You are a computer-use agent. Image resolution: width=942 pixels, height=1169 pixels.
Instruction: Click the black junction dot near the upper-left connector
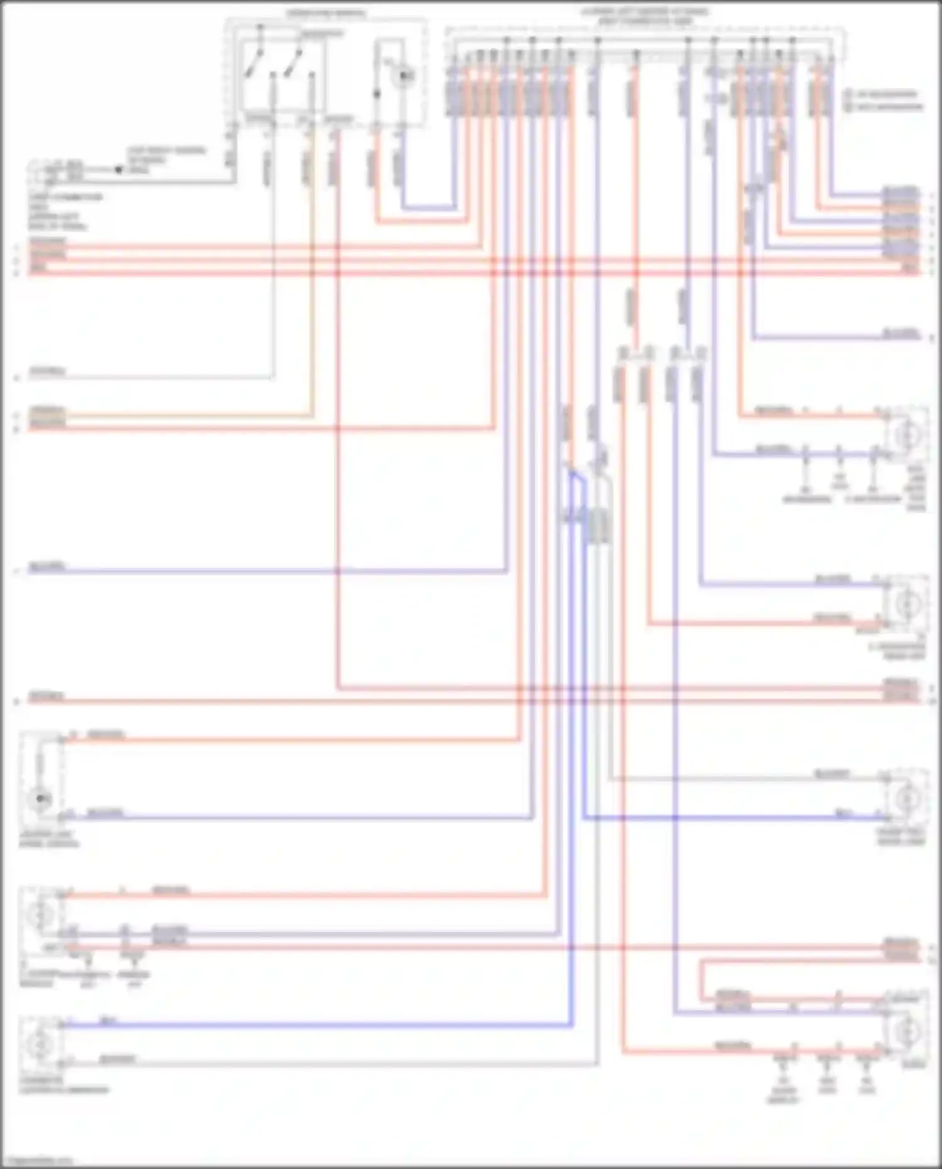click(118, 170)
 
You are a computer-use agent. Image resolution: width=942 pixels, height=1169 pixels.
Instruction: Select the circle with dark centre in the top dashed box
click(405, 76)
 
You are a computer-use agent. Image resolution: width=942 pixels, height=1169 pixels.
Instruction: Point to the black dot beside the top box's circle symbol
click(377, 94)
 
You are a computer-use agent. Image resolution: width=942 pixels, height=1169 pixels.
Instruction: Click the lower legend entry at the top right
click(885, 106)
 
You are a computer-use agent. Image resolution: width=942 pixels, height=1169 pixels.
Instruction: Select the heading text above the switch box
click(326, 13)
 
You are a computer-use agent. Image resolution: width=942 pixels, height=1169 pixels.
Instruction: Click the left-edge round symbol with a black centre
click(41, 798)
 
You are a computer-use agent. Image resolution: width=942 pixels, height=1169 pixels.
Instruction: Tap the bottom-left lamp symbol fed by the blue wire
click(41, 1043)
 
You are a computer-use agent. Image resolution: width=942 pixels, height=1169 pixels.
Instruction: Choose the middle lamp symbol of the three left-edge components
click(41, 914)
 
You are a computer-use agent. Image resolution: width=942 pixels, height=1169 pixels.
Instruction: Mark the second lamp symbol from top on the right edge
click(908, 603)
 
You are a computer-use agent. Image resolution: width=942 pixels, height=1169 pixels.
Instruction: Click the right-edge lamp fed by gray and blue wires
click(908, 799)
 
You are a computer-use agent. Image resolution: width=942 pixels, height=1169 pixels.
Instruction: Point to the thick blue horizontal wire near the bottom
click(314, 1026)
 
